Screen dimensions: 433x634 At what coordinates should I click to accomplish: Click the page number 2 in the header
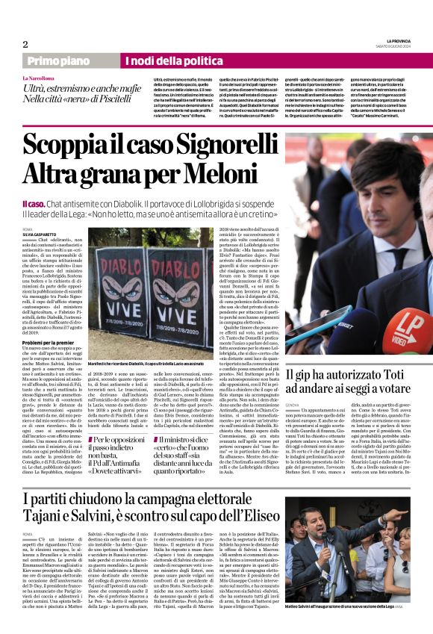pyautogui.click(x=25, y=44)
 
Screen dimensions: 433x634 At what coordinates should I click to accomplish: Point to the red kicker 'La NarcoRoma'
pyautogui.click(x=37, y=78)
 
